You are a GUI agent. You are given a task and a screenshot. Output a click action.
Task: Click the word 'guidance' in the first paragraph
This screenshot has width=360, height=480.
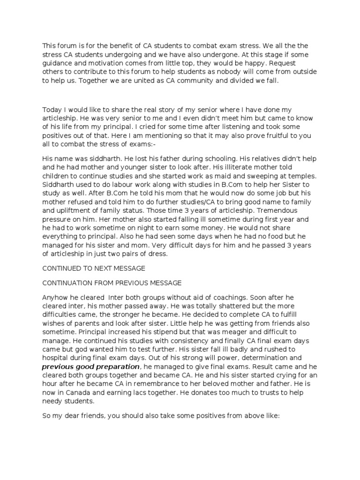(58, 62)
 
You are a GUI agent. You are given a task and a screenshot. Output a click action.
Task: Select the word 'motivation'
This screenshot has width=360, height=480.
(107, 62)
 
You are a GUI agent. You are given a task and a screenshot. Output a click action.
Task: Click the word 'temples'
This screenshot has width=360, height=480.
(302, 176)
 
